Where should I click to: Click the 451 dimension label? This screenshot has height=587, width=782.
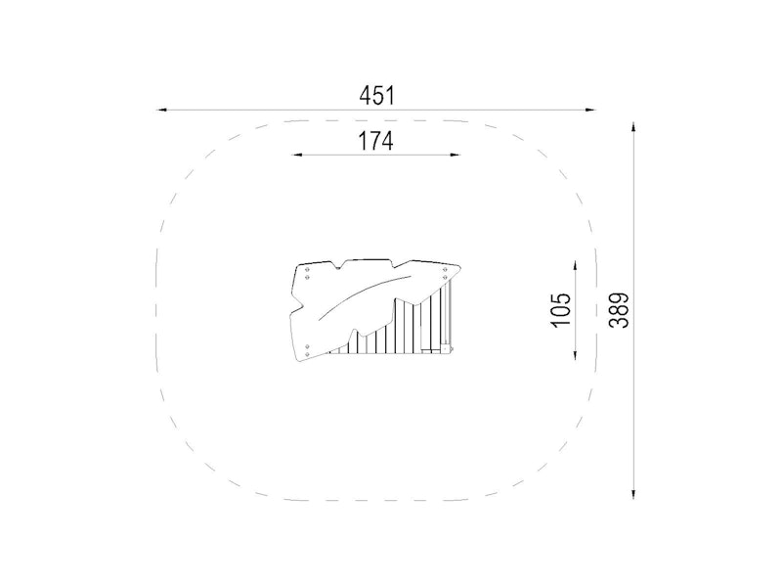pyautogui.click(x=377, y=96)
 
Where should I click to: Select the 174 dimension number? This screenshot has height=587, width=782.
pyautogui.click(x=376, y=141)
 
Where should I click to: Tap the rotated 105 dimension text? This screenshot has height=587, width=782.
pyautogui.click(x=561, y=310)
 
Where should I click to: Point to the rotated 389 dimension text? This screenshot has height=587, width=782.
pyautogui.click(x=619, y=310)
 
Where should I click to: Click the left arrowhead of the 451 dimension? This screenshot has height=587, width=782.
pyautogui.click(x=162, y=110)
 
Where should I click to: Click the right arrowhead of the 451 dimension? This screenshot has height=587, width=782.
pyautogui.click(x=590, y=110)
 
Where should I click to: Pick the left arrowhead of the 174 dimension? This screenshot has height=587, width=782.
pyautogui.click(x=297, y=155)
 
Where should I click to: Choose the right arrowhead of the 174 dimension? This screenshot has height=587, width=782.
pyautogui.click(x=455, y=155)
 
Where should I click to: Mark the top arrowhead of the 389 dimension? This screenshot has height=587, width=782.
pyautogui.click(x=633, y=126)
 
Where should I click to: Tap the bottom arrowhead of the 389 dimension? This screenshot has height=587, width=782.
pyautogui.click(x=633, y=493)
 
